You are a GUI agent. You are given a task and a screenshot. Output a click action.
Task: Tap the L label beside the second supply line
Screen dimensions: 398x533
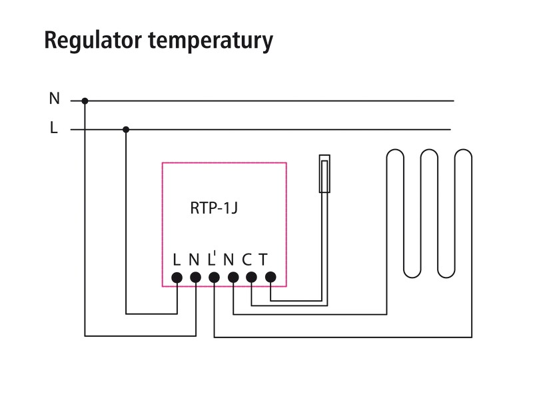pyautogui.click(x=54, y=128)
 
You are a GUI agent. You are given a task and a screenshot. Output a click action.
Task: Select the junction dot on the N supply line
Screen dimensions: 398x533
pyautogui.click(x=85, y=101)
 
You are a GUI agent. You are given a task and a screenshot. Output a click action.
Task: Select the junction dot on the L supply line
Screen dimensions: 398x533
pyautogui.click(x=126, y=129)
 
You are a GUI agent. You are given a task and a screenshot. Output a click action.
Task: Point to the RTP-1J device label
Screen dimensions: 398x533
pyautogui.click(x=214, y=208)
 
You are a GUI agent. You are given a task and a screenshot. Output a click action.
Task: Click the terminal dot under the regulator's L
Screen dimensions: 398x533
pyautogui.click(x=177, y=277)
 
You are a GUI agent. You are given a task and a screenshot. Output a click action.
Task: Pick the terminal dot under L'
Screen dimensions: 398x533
pyautogui.click(x=214, y=277)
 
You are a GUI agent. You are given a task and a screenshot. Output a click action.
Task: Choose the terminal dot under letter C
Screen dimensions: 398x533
pyautogui.click(x=251, y=277)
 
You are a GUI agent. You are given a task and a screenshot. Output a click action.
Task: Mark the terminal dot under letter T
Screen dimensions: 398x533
pyautogui.click(x=270, y=277)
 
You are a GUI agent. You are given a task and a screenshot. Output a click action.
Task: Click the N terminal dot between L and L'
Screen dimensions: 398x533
pyautogui.click(x=195, y=277)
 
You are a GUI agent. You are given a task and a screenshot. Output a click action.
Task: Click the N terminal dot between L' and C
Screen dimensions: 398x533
pyautogui.click(x=233, y=277)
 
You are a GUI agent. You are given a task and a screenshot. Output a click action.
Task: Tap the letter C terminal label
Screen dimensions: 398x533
pyautogui.click(x=247, y=260)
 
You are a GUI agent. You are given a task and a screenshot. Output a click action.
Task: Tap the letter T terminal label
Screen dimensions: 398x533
pyautogui.click(x=264, y=260)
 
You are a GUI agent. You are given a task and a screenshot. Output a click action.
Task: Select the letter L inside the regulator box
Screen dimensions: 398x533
pyautogui.click(x=177, y=260)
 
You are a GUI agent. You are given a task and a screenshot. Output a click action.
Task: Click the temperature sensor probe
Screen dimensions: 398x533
pyautogui.click(x=324, y=174)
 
